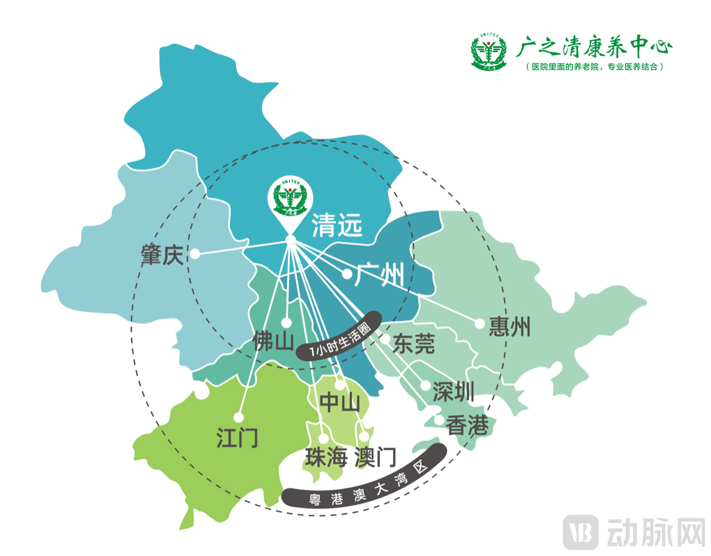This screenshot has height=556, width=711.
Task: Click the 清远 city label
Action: point(337,226)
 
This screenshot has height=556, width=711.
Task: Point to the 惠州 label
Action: point(510,327)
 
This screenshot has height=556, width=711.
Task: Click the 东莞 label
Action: point(413,343)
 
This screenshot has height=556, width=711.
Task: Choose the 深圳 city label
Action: point(453,392)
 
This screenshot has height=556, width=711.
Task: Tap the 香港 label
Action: point(468,426)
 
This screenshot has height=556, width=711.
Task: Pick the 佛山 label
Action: point(274,341)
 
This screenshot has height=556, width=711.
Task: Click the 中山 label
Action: point(339,402)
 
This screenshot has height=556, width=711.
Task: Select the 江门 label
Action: point(237,439)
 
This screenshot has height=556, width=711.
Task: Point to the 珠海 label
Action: point(326,458)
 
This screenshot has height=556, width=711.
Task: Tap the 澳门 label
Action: point(375,458)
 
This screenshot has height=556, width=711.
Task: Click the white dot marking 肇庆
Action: point(194,254)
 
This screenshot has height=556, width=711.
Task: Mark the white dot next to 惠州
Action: point(479,323)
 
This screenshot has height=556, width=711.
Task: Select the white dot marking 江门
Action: point(238,417)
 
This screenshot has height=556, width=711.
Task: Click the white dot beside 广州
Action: point(347,274)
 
